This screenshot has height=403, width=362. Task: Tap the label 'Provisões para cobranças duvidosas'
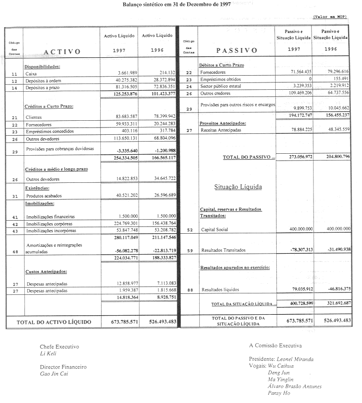60,149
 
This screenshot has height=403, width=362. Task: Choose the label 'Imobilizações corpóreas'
51,224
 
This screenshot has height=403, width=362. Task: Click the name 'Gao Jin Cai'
54,374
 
